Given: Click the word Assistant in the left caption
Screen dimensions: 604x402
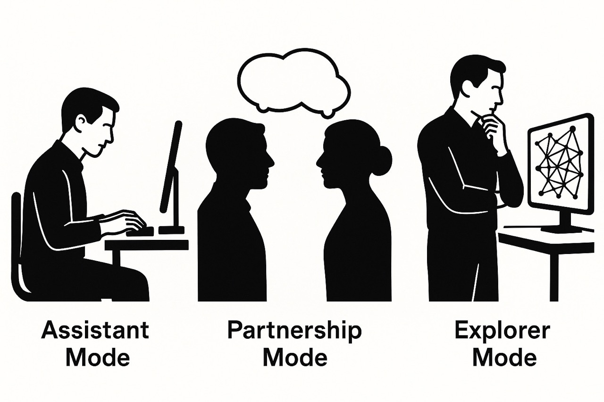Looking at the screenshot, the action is pos(95,330).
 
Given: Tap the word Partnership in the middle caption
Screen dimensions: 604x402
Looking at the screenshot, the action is pos(294,330).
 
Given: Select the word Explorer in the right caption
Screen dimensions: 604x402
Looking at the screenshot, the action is pos(502,330).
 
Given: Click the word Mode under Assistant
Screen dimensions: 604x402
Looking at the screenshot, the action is pos(98,358).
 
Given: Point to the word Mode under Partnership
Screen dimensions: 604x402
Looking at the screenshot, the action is pos(295,358).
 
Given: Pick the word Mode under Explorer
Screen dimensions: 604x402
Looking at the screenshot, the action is pos(504,358).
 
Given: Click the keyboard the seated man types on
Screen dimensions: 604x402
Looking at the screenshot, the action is pos(142,231).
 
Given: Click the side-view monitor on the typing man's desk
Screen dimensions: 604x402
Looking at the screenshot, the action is pos(171,174).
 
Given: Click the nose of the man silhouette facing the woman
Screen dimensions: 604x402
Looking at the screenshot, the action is pos(271,163).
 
